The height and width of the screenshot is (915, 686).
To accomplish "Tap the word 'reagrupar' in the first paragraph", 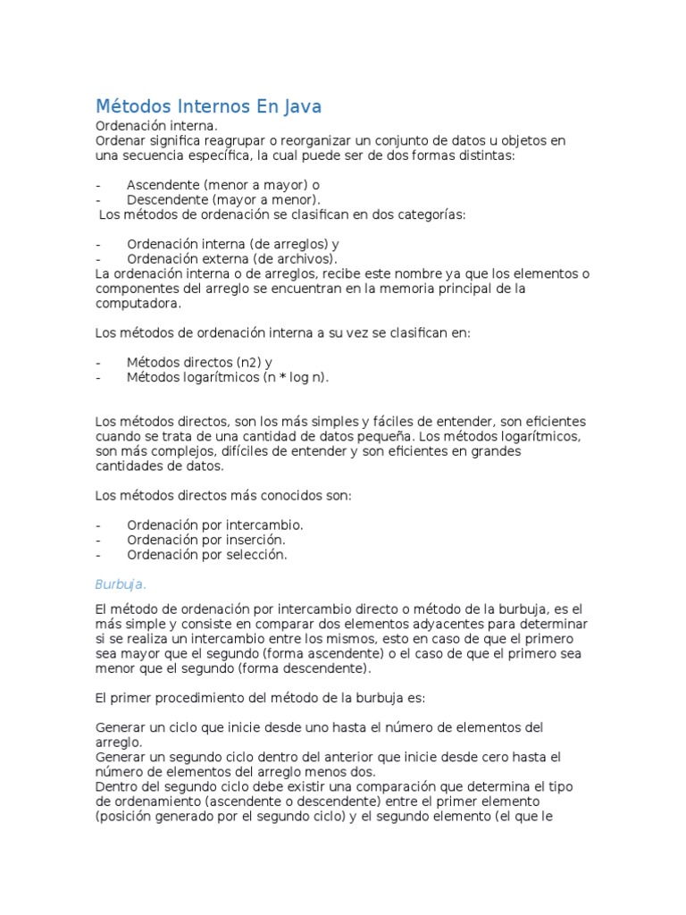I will (245, 141).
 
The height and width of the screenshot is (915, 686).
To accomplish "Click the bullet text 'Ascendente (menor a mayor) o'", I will (223, 185).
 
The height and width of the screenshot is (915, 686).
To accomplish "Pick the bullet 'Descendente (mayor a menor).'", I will (223, 199).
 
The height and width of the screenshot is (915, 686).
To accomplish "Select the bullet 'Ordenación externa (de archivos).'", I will (232, 258).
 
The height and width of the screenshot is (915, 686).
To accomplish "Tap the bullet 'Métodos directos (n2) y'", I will (199, 362).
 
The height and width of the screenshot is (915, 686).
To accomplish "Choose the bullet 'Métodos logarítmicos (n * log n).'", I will (228, 377).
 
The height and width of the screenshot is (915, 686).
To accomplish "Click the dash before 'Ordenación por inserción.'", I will (97, 540).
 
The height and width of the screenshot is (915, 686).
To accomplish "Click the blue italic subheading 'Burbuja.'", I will (120, 584).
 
